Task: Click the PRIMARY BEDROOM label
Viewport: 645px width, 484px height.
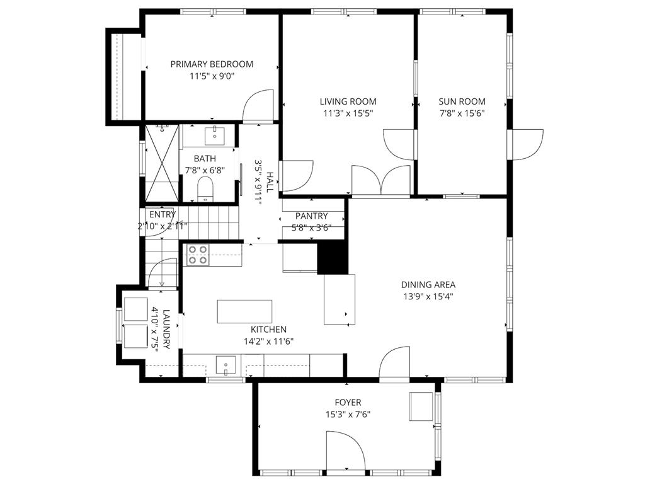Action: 212,64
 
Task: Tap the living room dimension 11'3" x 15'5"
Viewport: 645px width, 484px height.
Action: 348,113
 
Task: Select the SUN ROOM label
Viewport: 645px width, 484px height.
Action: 462,101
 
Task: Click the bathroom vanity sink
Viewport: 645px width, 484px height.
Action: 215,134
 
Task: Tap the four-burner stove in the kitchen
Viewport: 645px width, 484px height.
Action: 198,255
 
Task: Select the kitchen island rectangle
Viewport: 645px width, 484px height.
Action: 245,311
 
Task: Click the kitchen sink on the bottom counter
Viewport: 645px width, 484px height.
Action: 225,364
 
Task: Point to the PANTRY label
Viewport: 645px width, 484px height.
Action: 311,216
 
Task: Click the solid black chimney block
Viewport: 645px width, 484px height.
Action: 332,258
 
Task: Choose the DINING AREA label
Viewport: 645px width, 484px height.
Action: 428,284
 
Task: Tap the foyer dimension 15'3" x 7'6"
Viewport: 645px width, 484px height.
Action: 348,414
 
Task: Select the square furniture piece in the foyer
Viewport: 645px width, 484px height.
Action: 421,406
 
